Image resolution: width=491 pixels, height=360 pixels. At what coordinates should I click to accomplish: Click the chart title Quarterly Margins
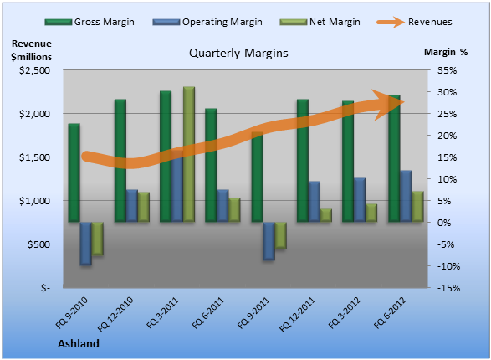[x=238, y=53]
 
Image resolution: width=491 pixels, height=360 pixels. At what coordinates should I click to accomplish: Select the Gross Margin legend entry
[x=90, y=22]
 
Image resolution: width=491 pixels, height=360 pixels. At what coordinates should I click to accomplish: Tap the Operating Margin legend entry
[x=207, y=22]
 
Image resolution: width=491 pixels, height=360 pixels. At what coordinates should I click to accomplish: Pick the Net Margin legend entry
[x=320, y=22]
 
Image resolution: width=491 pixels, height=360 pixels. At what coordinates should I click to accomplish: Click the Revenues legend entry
[x=414, y=22]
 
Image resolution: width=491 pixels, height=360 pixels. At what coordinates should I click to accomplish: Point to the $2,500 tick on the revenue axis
[x=34, y=70]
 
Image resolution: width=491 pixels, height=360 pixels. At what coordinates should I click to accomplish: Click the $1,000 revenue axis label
[x=34, y=201]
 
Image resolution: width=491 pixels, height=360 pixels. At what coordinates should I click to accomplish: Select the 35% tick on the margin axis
[x=448, y=70]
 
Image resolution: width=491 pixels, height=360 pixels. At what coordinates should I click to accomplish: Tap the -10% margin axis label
[x=448, y=266]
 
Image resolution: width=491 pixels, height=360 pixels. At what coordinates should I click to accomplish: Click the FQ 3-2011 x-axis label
[x=162, y=312]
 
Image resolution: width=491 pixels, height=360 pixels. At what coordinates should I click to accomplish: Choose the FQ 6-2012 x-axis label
[x=390, y=312]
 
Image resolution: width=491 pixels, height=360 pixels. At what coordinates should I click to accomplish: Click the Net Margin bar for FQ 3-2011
[x=189, y=154]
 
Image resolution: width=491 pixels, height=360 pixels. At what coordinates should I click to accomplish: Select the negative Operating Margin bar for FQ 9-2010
[x=86, y=244]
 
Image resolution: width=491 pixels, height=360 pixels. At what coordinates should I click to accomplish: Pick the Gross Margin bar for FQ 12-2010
[x=120, y=161]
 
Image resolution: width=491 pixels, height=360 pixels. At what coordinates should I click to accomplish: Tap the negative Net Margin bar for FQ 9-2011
[x=280, y=235]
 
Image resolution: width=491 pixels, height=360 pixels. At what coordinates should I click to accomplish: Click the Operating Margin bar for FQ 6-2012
[x=407, y=196]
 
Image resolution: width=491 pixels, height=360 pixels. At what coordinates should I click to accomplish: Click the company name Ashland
[x=79, y=344]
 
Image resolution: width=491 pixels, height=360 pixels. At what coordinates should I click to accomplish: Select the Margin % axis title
[x=446, y=52]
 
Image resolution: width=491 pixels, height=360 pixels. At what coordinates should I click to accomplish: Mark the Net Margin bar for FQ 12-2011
[x=326, y=215]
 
